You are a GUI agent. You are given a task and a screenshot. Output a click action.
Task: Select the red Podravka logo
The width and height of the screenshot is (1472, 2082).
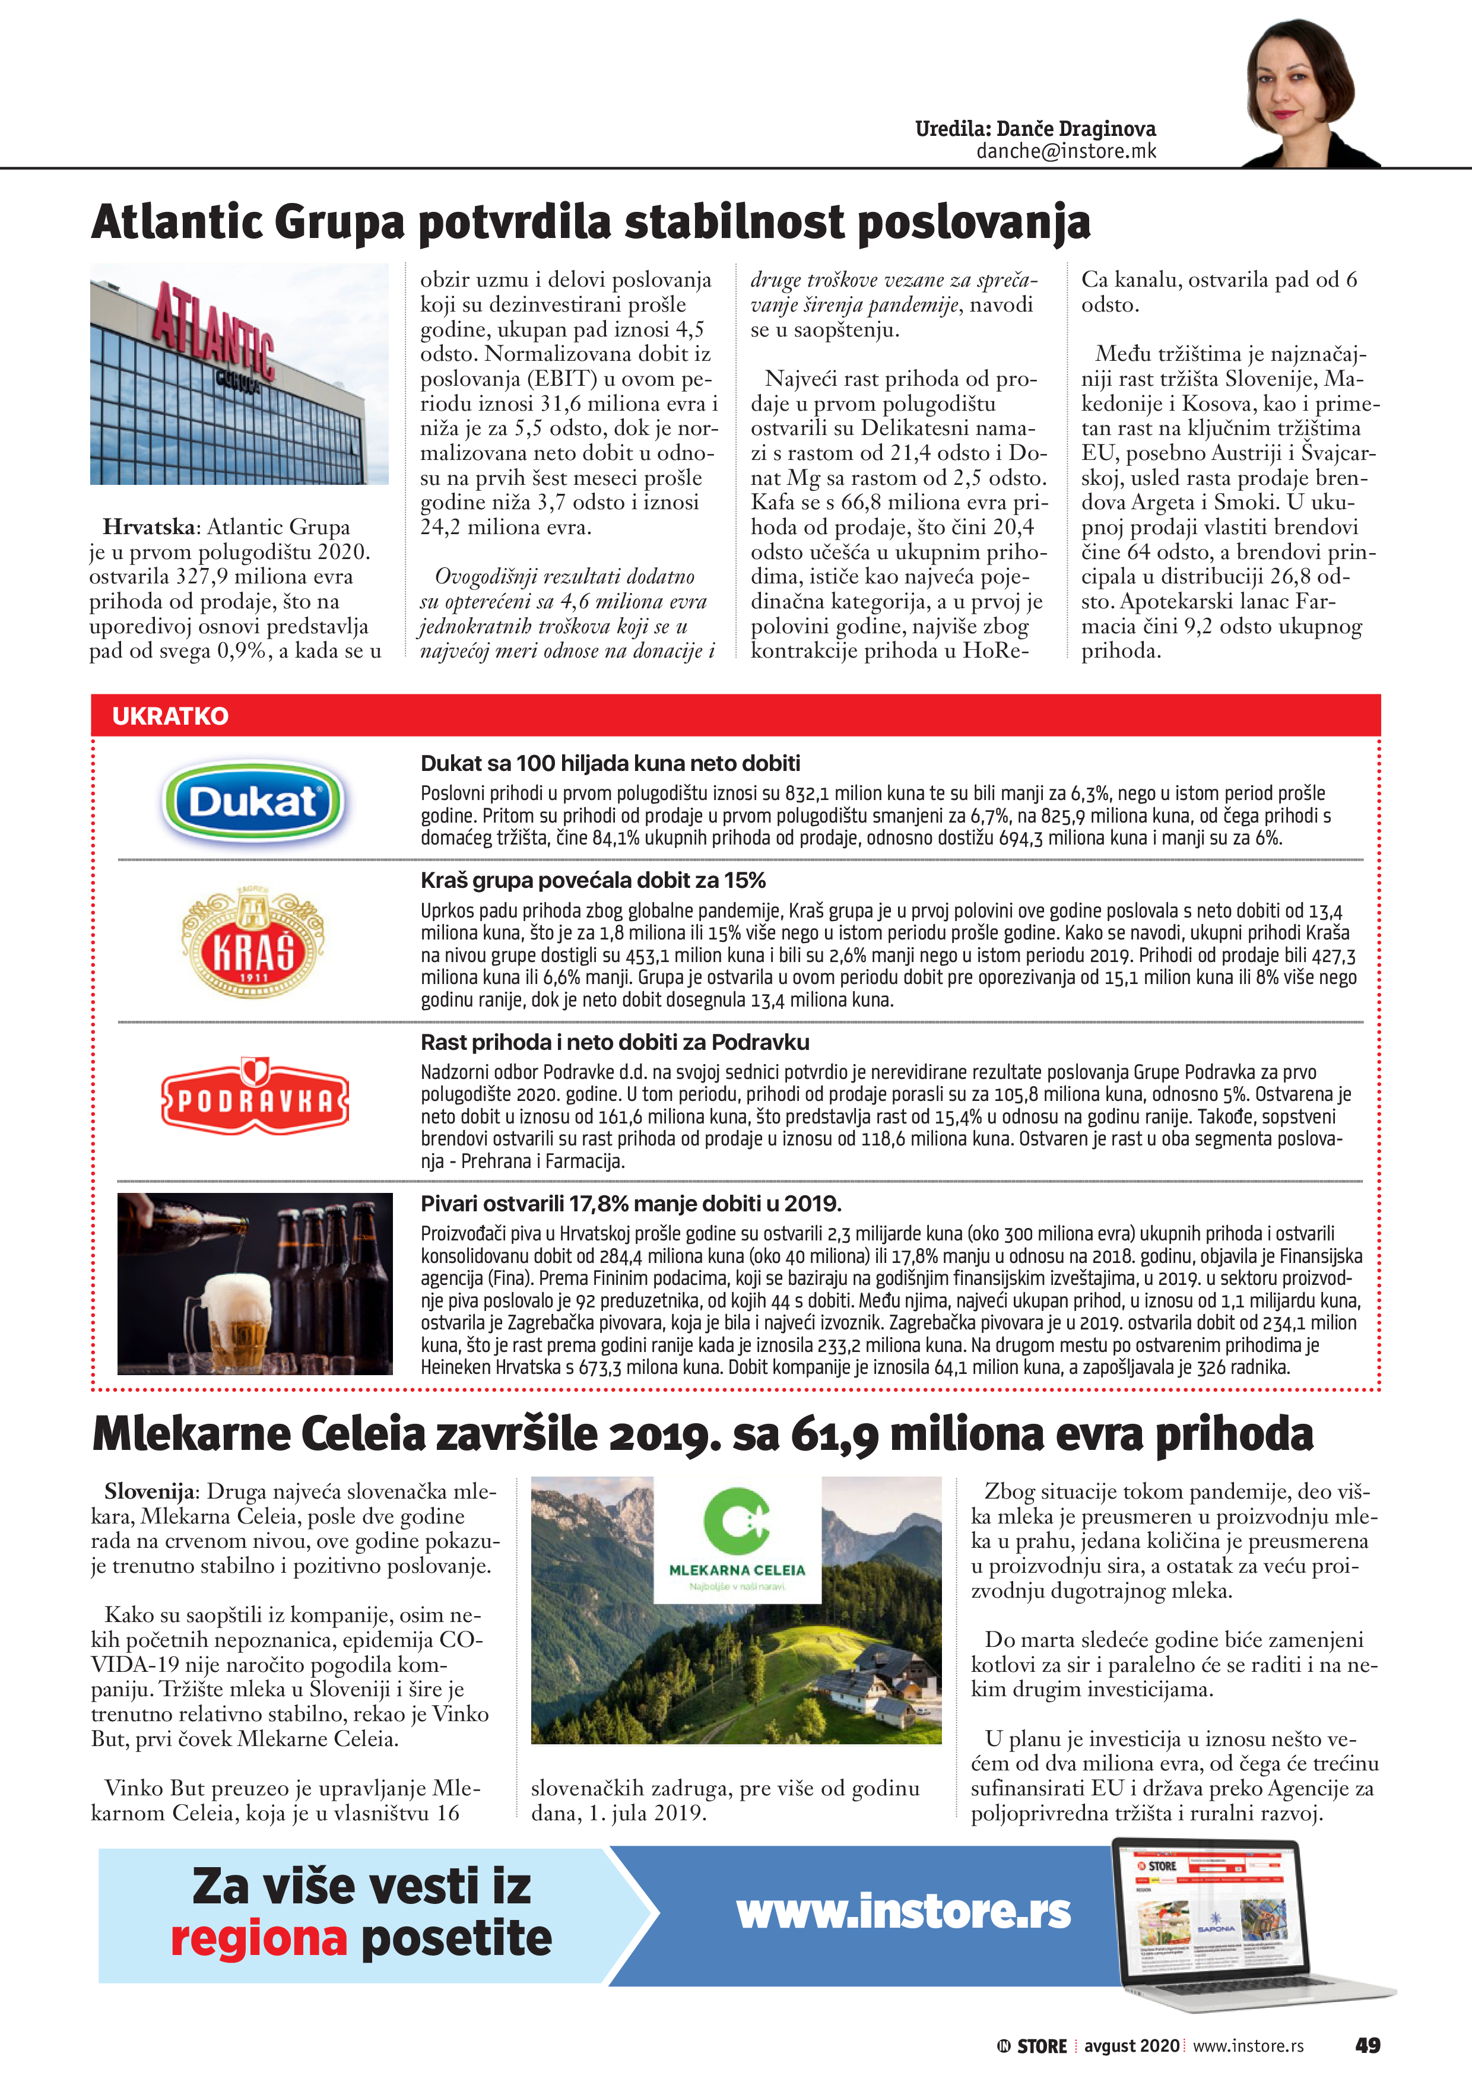coord(255,1098)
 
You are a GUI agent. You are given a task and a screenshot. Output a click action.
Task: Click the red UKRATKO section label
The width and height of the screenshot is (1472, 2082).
coord(170,716)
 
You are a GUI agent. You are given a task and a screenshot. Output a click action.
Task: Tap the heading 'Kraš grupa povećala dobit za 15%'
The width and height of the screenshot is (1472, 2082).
coord(592,881)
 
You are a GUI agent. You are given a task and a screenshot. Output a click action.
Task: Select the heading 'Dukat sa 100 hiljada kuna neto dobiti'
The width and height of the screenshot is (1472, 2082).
coord(610,763)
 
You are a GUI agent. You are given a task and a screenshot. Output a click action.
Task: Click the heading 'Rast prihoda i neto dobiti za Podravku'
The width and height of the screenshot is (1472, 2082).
coord(614,1042)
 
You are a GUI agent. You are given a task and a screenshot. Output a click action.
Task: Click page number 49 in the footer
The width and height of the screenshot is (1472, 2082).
coord(1367,2045)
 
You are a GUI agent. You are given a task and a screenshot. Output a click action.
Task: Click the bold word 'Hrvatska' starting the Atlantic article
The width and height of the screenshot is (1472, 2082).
coord(149,527)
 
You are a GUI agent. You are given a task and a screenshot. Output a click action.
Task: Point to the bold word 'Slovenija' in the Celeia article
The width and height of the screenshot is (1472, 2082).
coord(150,1491)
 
